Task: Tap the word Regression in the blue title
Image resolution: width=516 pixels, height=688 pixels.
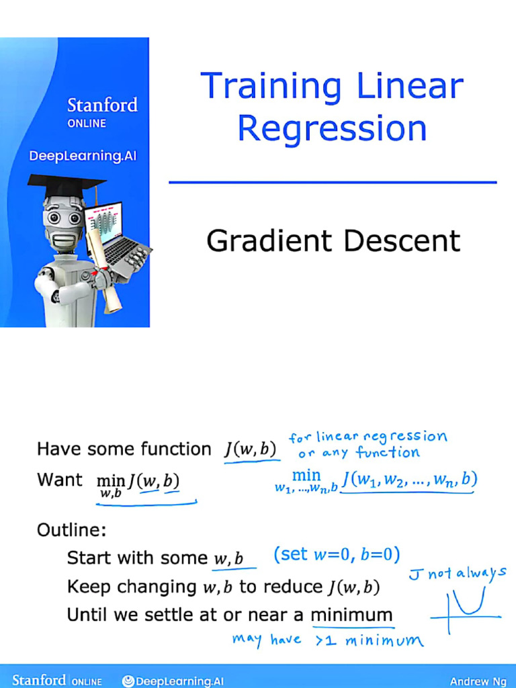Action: tap(332, 128)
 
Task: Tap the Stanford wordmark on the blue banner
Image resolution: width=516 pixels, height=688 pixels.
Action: tap(102, 105)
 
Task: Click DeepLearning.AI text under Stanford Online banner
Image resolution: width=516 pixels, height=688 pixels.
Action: tap(83, 157)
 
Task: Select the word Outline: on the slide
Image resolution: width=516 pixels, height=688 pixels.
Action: tap(72, 530)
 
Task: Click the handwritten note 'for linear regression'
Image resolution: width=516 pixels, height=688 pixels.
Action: tap(368, 437)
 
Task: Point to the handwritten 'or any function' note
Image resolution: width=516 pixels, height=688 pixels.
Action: tap(359, 453)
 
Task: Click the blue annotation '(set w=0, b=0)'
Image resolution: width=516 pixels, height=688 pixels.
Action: tap(337, 555)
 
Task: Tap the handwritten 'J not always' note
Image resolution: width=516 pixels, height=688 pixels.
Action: tap(457, 574)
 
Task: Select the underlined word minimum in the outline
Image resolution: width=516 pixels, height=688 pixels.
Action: tap(351, 614)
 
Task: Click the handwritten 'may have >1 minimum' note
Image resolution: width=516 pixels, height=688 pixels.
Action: tap(328, 640)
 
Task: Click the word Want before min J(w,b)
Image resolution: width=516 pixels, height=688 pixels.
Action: tap(60, 480)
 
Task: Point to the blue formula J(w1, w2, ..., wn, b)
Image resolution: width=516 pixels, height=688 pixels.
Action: tap(408, 480)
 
